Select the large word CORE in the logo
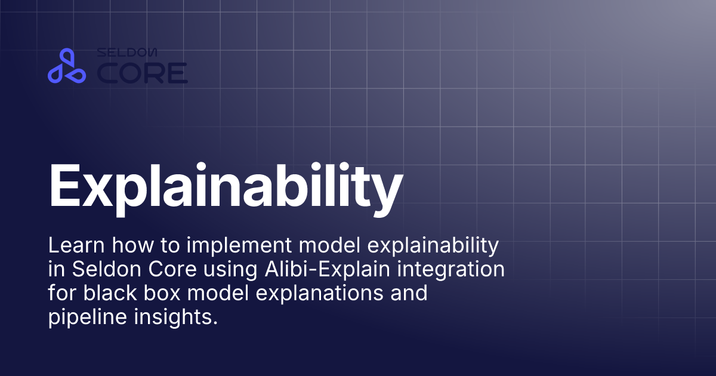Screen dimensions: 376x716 142,73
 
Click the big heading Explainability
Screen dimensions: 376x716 225,185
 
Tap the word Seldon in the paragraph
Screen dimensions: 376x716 102,269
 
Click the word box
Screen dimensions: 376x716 158,294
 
